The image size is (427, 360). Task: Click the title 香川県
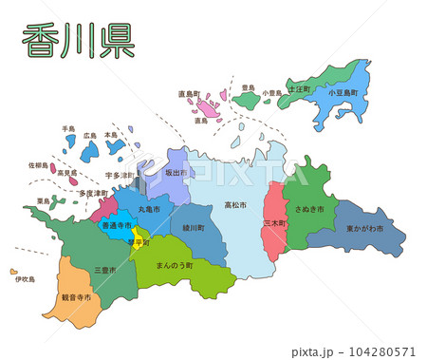coord(78,43)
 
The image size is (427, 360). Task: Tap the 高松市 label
coord(235,205)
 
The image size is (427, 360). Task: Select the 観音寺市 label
coord(77,297)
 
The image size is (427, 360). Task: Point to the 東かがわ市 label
coord(364,229)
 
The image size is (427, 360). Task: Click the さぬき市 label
coord(309,208)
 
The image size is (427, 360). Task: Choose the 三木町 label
coord(274,222)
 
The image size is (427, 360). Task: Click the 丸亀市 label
coord(150,208)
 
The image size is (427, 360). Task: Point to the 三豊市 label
coord(105,270)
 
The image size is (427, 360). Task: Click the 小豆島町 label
coord(344,93)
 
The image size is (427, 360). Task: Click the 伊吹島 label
coord(24,279)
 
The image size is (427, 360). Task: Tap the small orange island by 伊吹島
coord(14,271)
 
